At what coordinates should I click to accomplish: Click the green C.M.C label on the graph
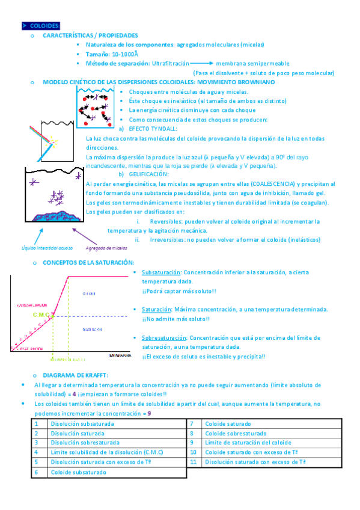(x=41, y=314)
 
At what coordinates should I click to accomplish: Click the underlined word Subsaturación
(x=161, y=272)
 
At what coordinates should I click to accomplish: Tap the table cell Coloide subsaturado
(x=78, y=472)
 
